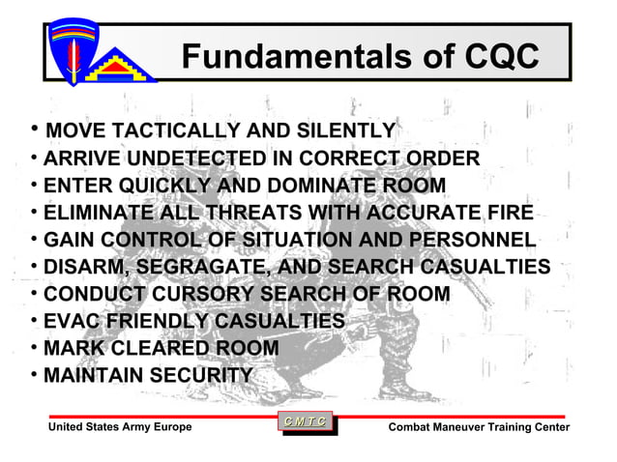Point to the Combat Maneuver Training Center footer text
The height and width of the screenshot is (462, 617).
pos(479,427)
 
